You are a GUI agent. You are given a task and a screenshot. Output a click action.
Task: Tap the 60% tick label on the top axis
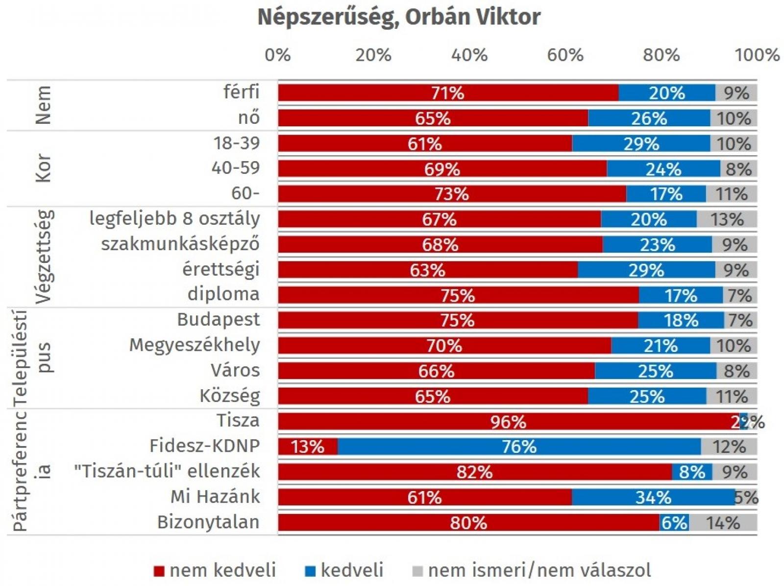coord(565,55)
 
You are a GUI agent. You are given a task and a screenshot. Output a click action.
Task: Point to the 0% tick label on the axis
coord(277,55)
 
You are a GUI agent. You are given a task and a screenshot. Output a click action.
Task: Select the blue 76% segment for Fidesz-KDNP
coord(519,446)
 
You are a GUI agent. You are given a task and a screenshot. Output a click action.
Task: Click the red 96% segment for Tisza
coord(508,422)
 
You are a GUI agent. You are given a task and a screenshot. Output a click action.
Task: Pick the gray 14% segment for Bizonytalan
coord(723,523)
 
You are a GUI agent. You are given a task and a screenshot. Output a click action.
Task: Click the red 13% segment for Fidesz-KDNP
coord(308,446)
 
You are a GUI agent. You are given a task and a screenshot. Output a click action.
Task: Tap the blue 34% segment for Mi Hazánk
coord(653,497)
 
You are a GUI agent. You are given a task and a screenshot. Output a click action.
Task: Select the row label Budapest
coord(218,319)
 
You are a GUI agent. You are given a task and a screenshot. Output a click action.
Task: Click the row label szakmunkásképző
coord(180,244)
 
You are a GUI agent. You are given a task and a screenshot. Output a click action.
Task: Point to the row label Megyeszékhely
coord(194,345)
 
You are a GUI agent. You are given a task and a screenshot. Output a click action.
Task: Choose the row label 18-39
coord(236,143)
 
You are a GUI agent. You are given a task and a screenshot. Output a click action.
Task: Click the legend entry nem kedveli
coord(222,570)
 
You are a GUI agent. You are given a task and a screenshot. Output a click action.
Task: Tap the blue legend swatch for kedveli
coord(310,571)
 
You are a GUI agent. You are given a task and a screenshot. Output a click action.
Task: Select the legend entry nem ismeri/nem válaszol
coord(539,570)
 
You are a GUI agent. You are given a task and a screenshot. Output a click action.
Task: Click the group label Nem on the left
coord(44,105)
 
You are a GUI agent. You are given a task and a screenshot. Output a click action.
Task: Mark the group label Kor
coord(44,168)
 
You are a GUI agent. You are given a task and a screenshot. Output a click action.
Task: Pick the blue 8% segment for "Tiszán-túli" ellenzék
coord(691,472)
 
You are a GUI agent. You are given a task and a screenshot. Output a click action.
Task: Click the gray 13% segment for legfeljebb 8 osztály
coord(727,219)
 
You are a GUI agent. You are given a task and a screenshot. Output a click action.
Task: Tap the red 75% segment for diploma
coord(458,295)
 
